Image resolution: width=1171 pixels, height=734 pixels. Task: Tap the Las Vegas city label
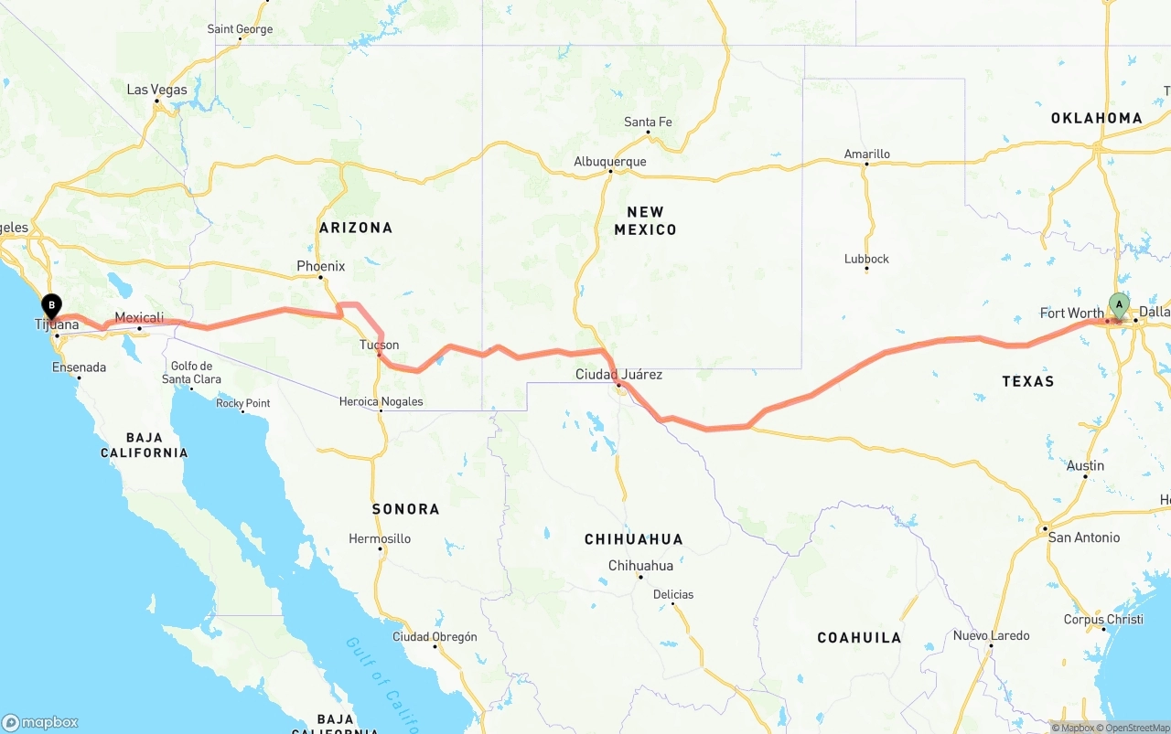(x=156, y=90)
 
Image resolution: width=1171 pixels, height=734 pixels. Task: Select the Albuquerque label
(x=609, y=162)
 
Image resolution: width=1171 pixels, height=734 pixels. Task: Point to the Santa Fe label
(x=648, y=122)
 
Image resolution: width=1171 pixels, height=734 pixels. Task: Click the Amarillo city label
(x=866, y=154)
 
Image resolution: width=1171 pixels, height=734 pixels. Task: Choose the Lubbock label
(x=866, y=259)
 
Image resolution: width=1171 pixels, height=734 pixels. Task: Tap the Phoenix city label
(x=320, y=266)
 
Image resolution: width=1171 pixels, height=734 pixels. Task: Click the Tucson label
(x=379, y=345)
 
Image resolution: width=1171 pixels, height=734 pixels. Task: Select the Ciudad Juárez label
(x=618, y=375)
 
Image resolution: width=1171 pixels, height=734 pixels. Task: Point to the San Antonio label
(x=1083, y=537)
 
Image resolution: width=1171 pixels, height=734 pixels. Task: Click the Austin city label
(x=1085, y=465)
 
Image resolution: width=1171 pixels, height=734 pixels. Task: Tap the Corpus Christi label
(x=1103, y=619)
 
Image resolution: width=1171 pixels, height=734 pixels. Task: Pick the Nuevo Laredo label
(x=991, y=635)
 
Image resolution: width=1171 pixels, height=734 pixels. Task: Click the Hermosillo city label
(x=380, y=538)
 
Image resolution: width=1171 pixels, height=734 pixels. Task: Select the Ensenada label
(x=79, y=367)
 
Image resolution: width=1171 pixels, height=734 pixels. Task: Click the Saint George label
(x=240, y=29)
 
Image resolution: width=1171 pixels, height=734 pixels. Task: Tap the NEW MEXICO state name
(x=645, y=220)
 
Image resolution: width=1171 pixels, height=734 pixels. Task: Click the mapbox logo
(x=39, y=722)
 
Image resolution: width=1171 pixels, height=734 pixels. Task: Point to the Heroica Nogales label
(x=381, y=401)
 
